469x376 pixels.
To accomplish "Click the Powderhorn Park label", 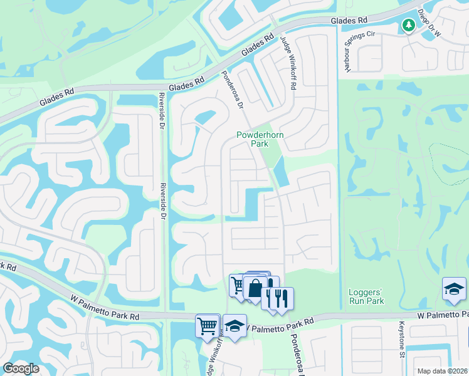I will pyautogui.click(x=251, y=139).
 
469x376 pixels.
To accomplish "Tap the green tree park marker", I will pyautogui.click(x=408, y=25).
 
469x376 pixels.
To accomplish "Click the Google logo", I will pyautogui.click(x=21, y=368).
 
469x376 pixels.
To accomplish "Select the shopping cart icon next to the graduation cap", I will pyautogui.click(x=208, y=325).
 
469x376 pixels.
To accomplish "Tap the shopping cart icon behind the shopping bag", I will pyautogui.click(x=237, y=285).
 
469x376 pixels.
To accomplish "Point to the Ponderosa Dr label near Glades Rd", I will pyautogui.click(x=231, y=89).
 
